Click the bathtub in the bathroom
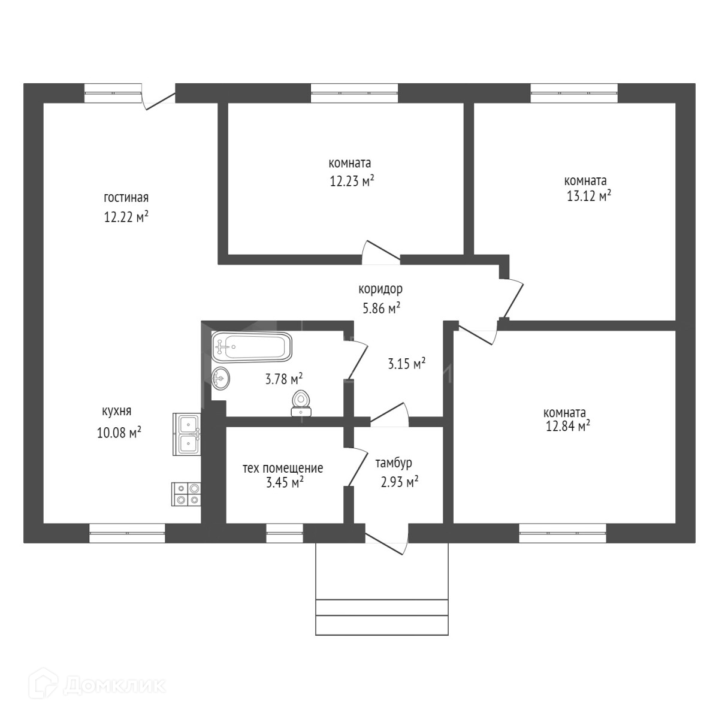252,347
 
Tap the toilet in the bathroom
301,403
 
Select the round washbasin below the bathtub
220,378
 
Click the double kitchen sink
188,434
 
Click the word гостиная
126,198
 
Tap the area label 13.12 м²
588,195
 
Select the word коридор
380,289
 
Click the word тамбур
394,463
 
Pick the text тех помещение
283,468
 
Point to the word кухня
116,411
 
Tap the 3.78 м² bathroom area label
283,379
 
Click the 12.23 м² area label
352,180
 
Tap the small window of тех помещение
285,533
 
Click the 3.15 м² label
407,363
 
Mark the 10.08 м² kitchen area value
119,432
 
